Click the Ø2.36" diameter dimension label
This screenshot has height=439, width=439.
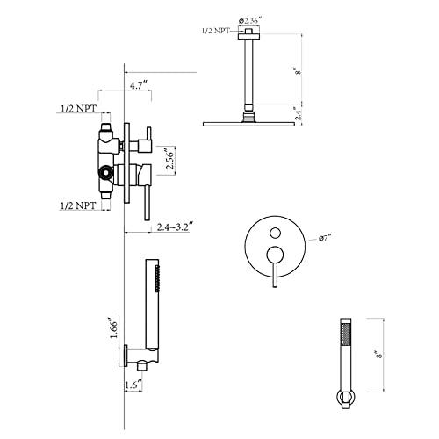(x=250, y=20)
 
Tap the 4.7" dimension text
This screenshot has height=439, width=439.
(x=138, y=86)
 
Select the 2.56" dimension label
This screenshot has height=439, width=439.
(x=170, y=160)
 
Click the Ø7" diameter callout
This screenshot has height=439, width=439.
(x=326, y=238)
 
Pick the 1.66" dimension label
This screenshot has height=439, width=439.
(x=113, y=327)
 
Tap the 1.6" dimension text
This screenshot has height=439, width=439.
(x=133, y=385)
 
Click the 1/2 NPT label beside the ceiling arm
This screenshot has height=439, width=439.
(x=216, y=31)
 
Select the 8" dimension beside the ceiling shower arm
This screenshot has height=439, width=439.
(x=299, y=71)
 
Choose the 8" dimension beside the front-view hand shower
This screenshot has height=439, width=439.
(x=379, y=356)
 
